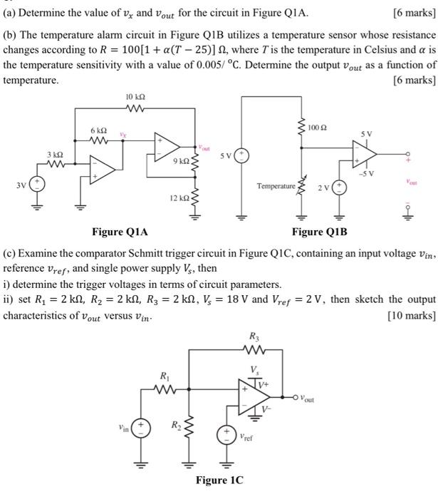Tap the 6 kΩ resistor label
point(98,131)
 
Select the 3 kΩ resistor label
point(55,155)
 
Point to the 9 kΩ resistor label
point(179,162)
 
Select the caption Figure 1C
point(219,480)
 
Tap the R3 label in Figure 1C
point(255,336)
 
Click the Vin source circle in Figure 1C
point(140,429)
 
